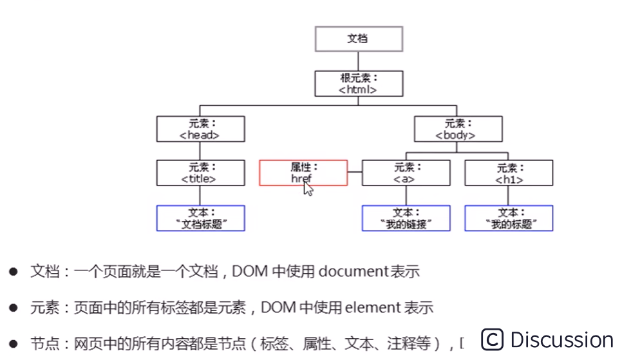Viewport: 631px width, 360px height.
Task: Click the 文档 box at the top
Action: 359,39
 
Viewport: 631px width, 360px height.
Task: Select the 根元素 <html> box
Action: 359,84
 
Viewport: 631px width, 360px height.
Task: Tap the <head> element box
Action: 200,129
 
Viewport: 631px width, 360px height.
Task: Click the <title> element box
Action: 200,173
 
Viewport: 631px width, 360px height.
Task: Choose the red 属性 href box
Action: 303,173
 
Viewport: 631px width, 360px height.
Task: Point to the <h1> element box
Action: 509,173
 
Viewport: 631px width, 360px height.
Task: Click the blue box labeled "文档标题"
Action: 200,218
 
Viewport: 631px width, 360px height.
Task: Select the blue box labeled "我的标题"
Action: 509,218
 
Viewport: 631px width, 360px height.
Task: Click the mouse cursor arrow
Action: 308,189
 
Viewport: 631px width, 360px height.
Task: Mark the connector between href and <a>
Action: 355,173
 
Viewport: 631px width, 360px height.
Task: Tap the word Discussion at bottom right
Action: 561,339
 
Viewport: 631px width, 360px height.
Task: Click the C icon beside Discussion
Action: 492,339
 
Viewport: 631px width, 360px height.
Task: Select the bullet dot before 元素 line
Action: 13,308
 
